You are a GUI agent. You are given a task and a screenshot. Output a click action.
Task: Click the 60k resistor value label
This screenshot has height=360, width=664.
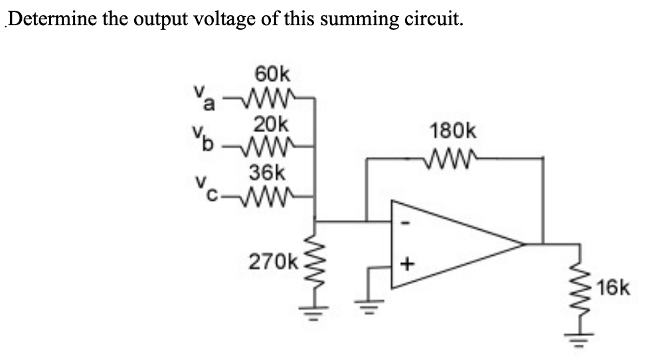click(270, 73)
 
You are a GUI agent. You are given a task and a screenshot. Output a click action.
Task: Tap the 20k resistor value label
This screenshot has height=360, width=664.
click(270, 124)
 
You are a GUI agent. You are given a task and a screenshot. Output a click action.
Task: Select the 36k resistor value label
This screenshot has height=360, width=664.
click(269, 173)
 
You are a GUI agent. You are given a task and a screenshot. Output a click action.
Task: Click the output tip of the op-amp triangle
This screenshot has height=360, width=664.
click(523, 244)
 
